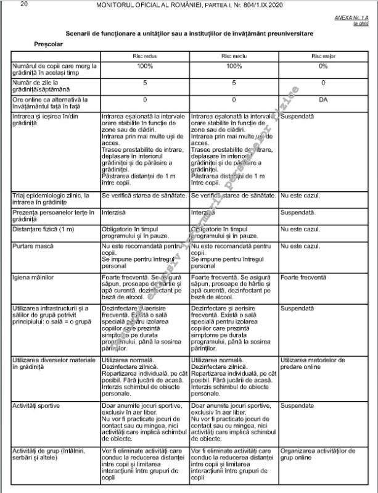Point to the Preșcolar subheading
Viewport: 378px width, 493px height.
coord(49,44)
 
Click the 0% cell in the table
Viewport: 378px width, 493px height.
coord(323,66)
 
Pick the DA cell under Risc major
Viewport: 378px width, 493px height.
coord(323,99)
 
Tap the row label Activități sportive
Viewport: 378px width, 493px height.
coord(36,405)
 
